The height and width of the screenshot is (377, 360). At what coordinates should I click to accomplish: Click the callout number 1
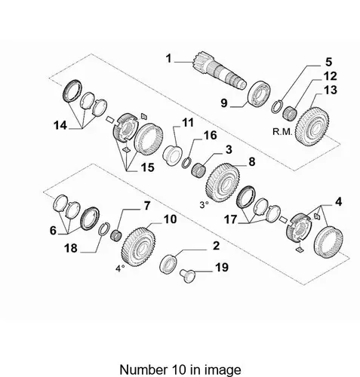point(168,59)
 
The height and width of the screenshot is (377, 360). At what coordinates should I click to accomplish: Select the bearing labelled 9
point(259,92)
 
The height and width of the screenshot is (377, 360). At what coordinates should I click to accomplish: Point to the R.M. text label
point(282,132)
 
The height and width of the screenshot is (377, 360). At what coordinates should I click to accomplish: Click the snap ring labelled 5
point(278,106)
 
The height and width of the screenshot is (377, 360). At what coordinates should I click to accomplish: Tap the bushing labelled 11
point(173,155)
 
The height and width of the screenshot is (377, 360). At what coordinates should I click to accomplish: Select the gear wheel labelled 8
point(223,182)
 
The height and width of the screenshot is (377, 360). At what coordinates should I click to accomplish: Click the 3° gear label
point(204,205)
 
